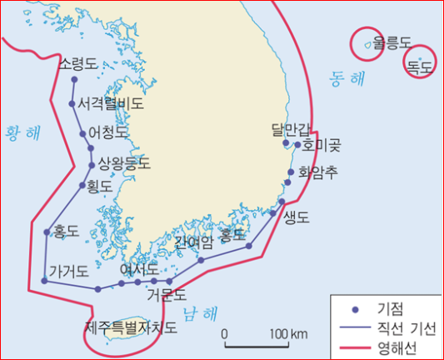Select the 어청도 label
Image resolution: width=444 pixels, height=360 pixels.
(x=108, y=132)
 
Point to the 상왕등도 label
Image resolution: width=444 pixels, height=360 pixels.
(x=124, y=162)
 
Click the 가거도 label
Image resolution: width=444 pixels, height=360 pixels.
(x=67, y=269)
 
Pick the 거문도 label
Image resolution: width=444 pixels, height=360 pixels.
(x=166, y=296)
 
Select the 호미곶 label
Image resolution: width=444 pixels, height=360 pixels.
(x=322, y=145)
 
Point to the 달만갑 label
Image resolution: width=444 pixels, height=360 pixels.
(x=290, y=129)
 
